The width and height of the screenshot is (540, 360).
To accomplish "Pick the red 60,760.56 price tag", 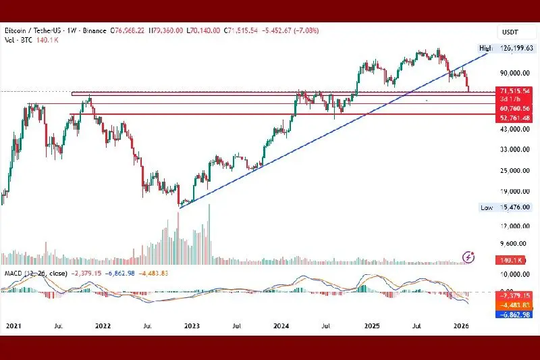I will [514, 108].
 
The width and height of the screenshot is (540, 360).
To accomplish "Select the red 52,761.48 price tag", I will [514, 118].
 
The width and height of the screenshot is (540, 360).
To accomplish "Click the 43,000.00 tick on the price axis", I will [513, 129].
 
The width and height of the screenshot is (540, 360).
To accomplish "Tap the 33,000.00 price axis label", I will [513, 149].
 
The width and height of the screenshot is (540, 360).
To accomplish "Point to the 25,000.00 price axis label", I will [513, 170].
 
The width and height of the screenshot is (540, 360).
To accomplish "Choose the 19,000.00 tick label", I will [513, 191].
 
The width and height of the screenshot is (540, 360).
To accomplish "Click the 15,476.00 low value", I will [516, 207].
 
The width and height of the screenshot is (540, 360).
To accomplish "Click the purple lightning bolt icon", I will [469, 256].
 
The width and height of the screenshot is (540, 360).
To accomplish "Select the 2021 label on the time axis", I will [13, 326].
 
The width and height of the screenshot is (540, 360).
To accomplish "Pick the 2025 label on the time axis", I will [372, 326].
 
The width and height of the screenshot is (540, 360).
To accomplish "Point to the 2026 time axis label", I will [461, 326].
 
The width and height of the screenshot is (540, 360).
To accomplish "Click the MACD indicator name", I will [13, 272].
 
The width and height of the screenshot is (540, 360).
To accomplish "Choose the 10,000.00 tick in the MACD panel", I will [513, 274].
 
